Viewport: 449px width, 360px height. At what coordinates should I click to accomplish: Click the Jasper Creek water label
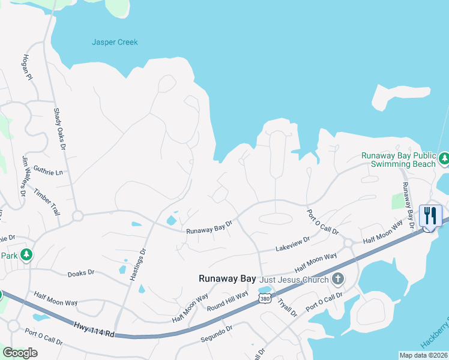click(115, 43)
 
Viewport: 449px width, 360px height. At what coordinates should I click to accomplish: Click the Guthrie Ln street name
click(48, 171)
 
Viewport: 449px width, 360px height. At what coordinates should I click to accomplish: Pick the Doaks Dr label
click(81, 272)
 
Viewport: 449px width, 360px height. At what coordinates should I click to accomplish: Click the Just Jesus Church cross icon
click(339, 279)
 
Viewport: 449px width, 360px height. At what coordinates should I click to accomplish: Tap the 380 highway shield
click(264, 298)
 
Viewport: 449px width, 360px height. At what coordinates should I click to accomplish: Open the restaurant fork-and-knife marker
click(430, 215)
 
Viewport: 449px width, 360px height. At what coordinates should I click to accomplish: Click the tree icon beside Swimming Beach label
click(444, 159)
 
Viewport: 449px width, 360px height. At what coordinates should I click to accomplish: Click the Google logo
click(20, 353)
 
